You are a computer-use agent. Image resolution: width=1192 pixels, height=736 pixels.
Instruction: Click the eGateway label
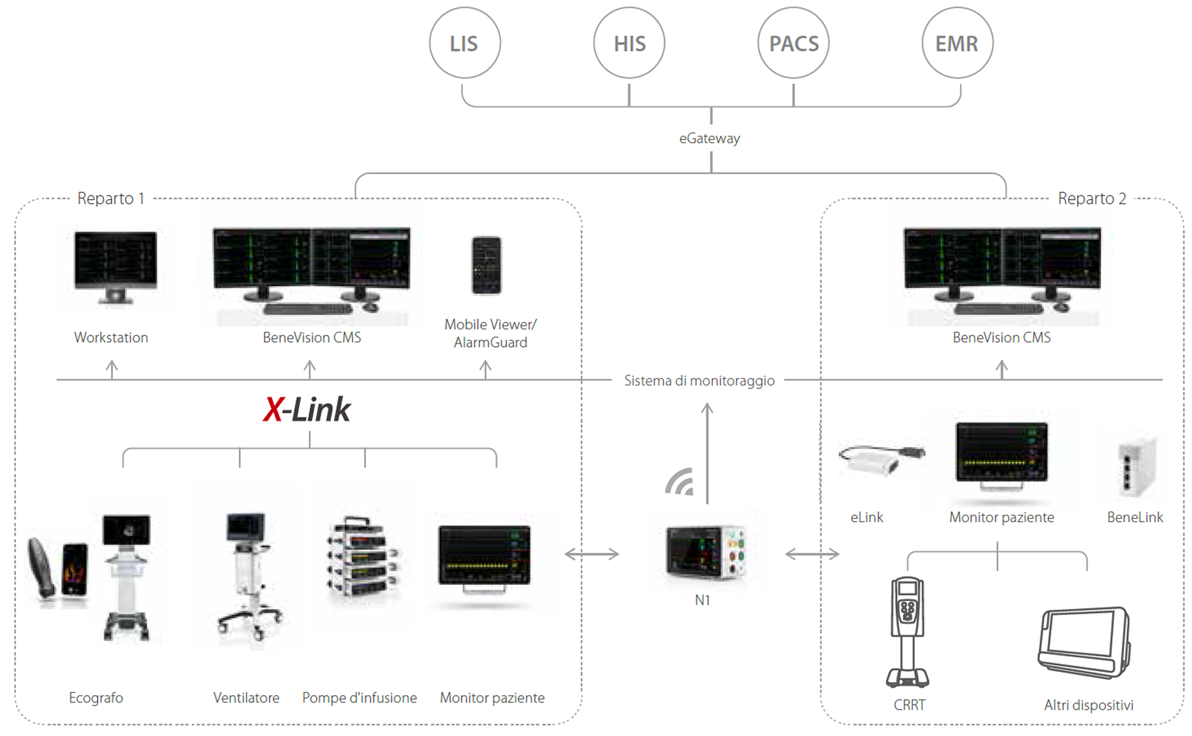pos(710,138)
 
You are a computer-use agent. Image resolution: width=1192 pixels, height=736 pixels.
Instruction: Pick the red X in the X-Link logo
pos(272,409)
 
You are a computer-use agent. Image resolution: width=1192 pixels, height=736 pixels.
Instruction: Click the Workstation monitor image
pos(116,268)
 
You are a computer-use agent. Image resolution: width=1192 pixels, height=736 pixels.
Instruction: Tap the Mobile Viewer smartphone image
pos(486,265)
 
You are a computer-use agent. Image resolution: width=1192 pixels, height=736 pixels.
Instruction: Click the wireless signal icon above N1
pos(678,483)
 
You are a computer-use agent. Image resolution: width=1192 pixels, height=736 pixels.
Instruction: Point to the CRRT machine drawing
pos(907,632)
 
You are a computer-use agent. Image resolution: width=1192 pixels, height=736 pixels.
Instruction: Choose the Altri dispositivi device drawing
pos(1084,643)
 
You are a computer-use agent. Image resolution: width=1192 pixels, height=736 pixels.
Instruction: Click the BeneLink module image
pos(1136,468)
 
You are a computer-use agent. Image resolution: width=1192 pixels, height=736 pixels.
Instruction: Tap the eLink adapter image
pos(881,459)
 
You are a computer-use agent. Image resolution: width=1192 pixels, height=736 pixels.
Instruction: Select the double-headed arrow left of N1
pos(592,554)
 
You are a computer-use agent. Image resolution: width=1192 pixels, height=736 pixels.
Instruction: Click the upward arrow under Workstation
pos(112,370)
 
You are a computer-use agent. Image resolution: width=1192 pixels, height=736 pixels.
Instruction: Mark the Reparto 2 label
pos(1092,198)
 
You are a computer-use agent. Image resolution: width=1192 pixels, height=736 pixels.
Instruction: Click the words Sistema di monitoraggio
pos(700,381)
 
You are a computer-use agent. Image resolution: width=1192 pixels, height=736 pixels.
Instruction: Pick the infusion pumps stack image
pos(363,557)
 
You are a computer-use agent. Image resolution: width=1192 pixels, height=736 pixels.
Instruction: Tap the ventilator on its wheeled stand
pos(249,575)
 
